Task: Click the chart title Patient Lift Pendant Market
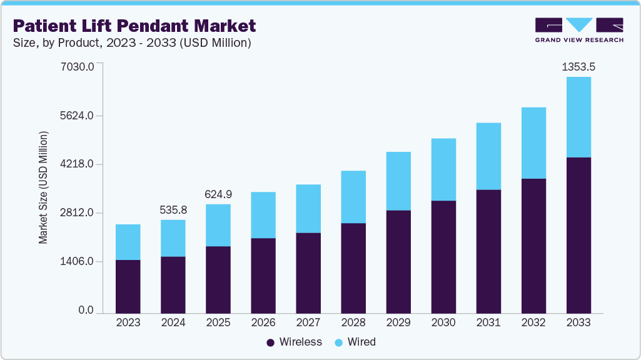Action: (134, 26)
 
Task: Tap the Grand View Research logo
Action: (579, 30)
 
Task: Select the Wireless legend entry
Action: (294, 342)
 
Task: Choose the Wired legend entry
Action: (356, 342)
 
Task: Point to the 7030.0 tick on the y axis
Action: (78, 67)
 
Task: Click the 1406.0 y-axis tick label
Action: (78, 262)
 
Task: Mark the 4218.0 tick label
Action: (78, 164)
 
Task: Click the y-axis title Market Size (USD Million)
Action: (43, 187)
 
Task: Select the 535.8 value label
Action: (173, 210)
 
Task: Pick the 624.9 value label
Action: (218, 194)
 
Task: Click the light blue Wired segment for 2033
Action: (578, 117)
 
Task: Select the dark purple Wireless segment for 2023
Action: (128, 286)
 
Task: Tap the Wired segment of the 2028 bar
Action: (353, 197)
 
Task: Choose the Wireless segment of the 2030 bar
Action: (443, 257)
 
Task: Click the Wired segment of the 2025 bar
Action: (218, 225)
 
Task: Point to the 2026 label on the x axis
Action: (263, 322)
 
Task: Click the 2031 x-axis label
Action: (488, 322)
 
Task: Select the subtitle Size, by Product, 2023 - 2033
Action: (132, 43)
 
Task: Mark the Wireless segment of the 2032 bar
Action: (533, 246)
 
